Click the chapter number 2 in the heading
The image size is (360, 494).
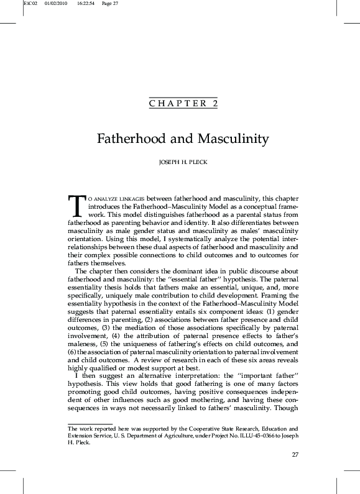[x=215, y=104]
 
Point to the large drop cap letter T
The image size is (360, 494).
[x=75, y=204]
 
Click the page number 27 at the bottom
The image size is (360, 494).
[x=295, y=455]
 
